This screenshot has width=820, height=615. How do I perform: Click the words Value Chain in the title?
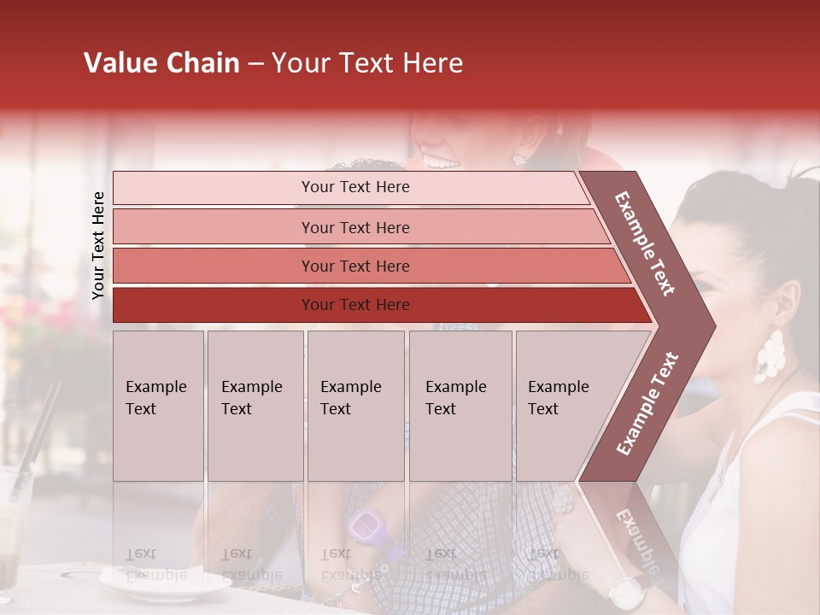tap(161, 63)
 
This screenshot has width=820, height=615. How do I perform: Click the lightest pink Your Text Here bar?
tap(354, 187)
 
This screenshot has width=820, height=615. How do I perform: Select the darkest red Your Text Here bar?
tap(354, 305)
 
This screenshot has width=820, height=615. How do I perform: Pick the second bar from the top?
tap(354, 227)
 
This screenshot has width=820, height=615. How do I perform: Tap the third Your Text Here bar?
tap(354, 266)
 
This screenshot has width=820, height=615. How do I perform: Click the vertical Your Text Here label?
tap(98, 245)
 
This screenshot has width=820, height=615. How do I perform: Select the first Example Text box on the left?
tap(158, 406)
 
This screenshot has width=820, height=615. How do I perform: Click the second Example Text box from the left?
tap(255, 406)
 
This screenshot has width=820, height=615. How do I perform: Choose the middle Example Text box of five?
tap(355, 406)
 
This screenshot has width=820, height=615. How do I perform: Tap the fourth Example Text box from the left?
tap(460, 406)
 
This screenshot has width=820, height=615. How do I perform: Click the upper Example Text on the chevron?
tap(646, 243)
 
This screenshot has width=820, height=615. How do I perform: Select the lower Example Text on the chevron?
tap(647, 403)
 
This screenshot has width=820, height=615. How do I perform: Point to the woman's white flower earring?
tap(769, 356)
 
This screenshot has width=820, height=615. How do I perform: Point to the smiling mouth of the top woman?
tap(442, 160)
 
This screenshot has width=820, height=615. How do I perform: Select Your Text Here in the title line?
tap(367, 63)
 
